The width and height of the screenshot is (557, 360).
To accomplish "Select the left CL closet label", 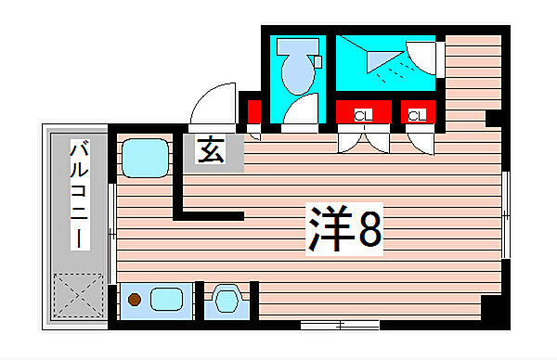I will pos(364,115).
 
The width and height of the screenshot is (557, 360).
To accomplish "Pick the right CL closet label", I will pos(417,115).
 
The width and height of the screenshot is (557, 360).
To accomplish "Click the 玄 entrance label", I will pos(212,151).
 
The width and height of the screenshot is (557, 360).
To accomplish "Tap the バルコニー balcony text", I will pos(81,194).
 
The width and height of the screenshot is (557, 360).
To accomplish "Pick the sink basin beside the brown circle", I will pos(166,300).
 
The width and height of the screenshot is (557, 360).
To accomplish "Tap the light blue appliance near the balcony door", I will pos(145,158).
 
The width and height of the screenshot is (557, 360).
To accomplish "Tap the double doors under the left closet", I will pos(363,139).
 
